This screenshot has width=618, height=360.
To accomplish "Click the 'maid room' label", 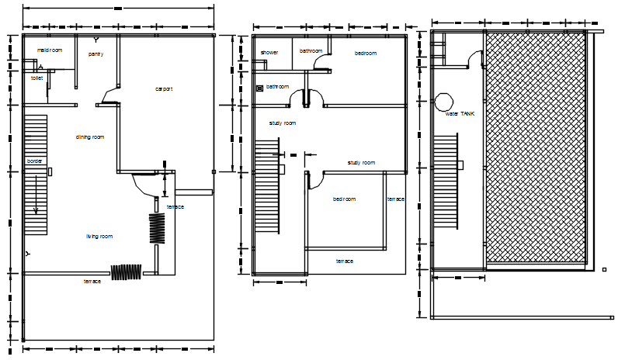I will click(50, 50).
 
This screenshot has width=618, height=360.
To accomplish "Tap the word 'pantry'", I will click(95, 54).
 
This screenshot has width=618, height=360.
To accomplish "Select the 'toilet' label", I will click(36, 78).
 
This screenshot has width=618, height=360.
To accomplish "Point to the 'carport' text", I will click(164, 89).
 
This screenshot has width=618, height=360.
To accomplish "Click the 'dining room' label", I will click(90, 137).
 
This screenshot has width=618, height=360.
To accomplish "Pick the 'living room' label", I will click(99, 236).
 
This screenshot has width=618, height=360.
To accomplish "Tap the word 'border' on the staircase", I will click(35, 161).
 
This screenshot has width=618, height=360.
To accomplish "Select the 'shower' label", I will click(269, 53).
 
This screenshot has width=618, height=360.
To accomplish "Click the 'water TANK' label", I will click(459, 113).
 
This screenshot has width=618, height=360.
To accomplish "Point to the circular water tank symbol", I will click(444, 102).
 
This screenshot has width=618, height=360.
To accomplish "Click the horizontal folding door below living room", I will click(126, 272).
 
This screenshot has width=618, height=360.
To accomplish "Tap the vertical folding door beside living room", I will click(158, 228).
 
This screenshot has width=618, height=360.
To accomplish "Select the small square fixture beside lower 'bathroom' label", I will click(260, 87).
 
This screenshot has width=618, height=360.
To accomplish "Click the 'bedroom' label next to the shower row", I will click(366, 53).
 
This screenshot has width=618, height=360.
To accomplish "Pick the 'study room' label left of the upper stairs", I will click(283, 123).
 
